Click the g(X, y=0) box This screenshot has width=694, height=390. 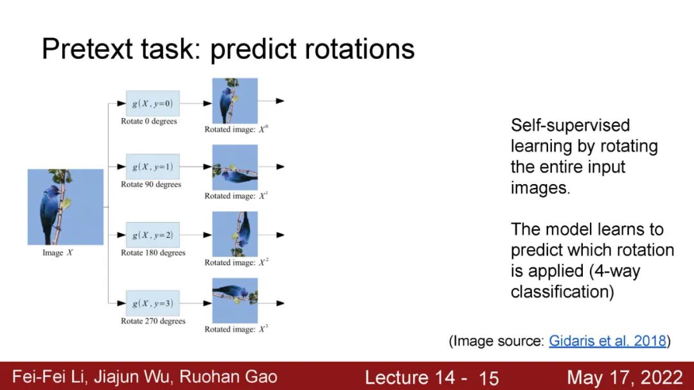tap(153, 103)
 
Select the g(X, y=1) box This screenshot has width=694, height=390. tap(153, 167)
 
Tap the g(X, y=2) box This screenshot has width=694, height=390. tap(153, 235)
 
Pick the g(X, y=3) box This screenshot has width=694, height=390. tap(153, 303)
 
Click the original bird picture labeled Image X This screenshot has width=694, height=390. tap(66, 207)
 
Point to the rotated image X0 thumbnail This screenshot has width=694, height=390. tap(235, 101)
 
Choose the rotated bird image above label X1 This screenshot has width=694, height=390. tap(235, 167)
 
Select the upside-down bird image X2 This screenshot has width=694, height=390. tap(235, 234)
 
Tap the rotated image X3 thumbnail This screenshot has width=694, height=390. tap(235, 301)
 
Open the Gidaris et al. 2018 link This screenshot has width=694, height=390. tap(607, 341)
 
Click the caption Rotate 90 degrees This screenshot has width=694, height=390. tap(151, 184)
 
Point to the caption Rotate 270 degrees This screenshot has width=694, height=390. tap(153, 321)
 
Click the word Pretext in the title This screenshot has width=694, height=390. tap(87, 48)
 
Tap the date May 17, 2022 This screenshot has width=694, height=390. tap(625, 378)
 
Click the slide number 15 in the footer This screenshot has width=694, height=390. tap(489, 378)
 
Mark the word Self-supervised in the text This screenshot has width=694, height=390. tap(571, 126)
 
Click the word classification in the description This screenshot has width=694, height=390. tap(562, 291)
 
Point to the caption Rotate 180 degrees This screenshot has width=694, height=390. tap(153, 253)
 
